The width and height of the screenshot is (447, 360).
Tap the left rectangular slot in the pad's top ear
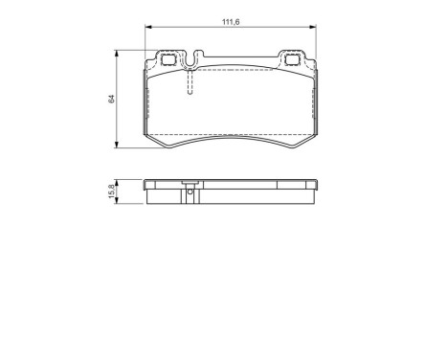171,59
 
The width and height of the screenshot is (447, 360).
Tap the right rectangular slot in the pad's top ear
289,59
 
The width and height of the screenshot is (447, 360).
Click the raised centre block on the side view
190,183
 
